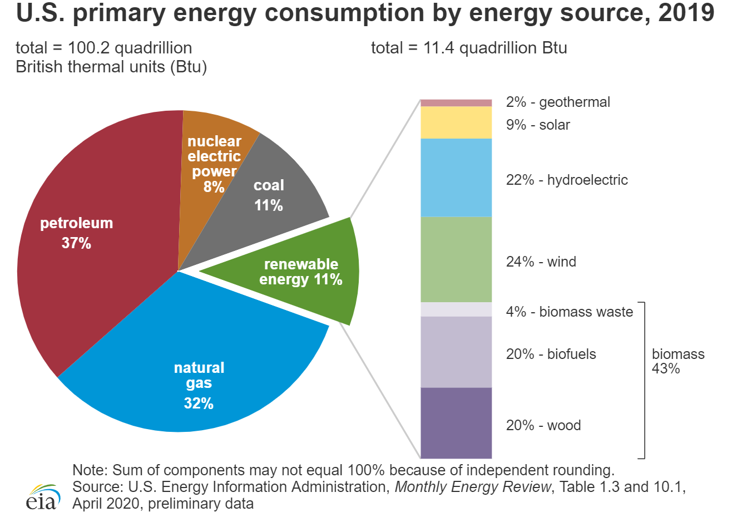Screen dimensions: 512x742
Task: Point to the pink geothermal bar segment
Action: [456, 102]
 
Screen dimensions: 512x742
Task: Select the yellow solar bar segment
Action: [456, 122]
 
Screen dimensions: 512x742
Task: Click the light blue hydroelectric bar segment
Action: [456, 177]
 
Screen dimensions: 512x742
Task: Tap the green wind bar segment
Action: [456, 259]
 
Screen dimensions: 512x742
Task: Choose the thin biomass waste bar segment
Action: [456, 309]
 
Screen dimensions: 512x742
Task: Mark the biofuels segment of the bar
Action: [456, 352]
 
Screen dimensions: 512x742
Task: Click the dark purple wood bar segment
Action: [456, 423]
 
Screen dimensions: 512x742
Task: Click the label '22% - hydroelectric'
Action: [566, 180]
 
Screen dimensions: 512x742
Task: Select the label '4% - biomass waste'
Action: [569, 312]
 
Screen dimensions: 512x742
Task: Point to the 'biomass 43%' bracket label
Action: [677, 361]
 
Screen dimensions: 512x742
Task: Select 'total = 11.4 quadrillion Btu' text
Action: [469, 48]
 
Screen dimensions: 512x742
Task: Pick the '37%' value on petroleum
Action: [76, 243]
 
